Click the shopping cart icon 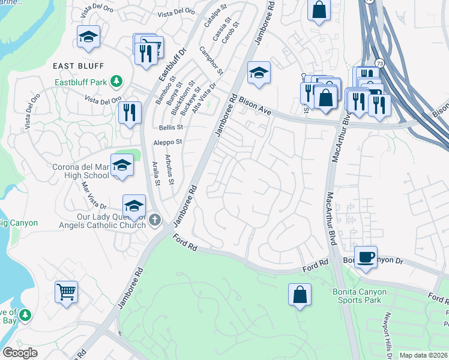point(66,292)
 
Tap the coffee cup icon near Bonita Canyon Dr point(366,257)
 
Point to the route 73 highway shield point(379,62)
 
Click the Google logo point(20,352)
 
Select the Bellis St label point(171,128)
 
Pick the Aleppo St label point(167,142)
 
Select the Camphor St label point(211,61)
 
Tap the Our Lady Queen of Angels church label point(112,221)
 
